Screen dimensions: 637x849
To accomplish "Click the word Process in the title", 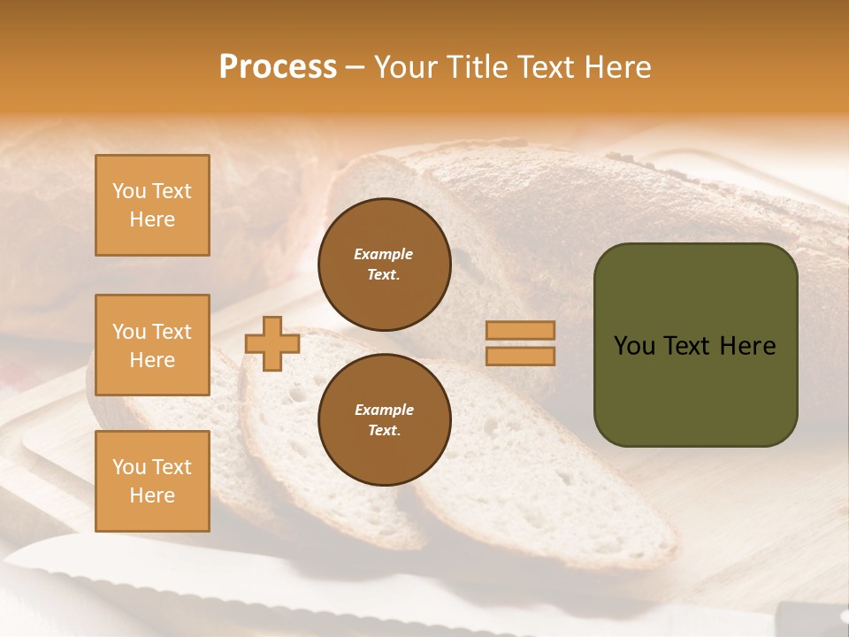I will [278, 66].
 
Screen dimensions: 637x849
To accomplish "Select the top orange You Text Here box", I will [152, 205].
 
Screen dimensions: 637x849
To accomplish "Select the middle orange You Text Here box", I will [152, 345].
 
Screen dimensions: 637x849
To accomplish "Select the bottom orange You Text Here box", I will [152, 481].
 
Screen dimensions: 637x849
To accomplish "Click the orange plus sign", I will [272, 343].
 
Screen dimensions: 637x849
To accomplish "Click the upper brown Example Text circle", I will [384, 264].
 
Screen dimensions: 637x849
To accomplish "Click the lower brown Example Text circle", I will [384, 419].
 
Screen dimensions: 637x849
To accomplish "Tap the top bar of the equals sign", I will [520, 331].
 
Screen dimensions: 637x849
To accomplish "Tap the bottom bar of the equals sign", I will [520, 356].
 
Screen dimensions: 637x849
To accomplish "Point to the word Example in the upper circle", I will [383, 254].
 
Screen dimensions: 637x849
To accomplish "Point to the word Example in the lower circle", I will [384, 410].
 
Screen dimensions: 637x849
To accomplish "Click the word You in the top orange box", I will [128, 191].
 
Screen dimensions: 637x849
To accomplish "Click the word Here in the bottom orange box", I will [152, 495].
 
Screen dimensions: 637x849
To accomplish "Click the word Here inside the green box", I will [747, 346].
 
